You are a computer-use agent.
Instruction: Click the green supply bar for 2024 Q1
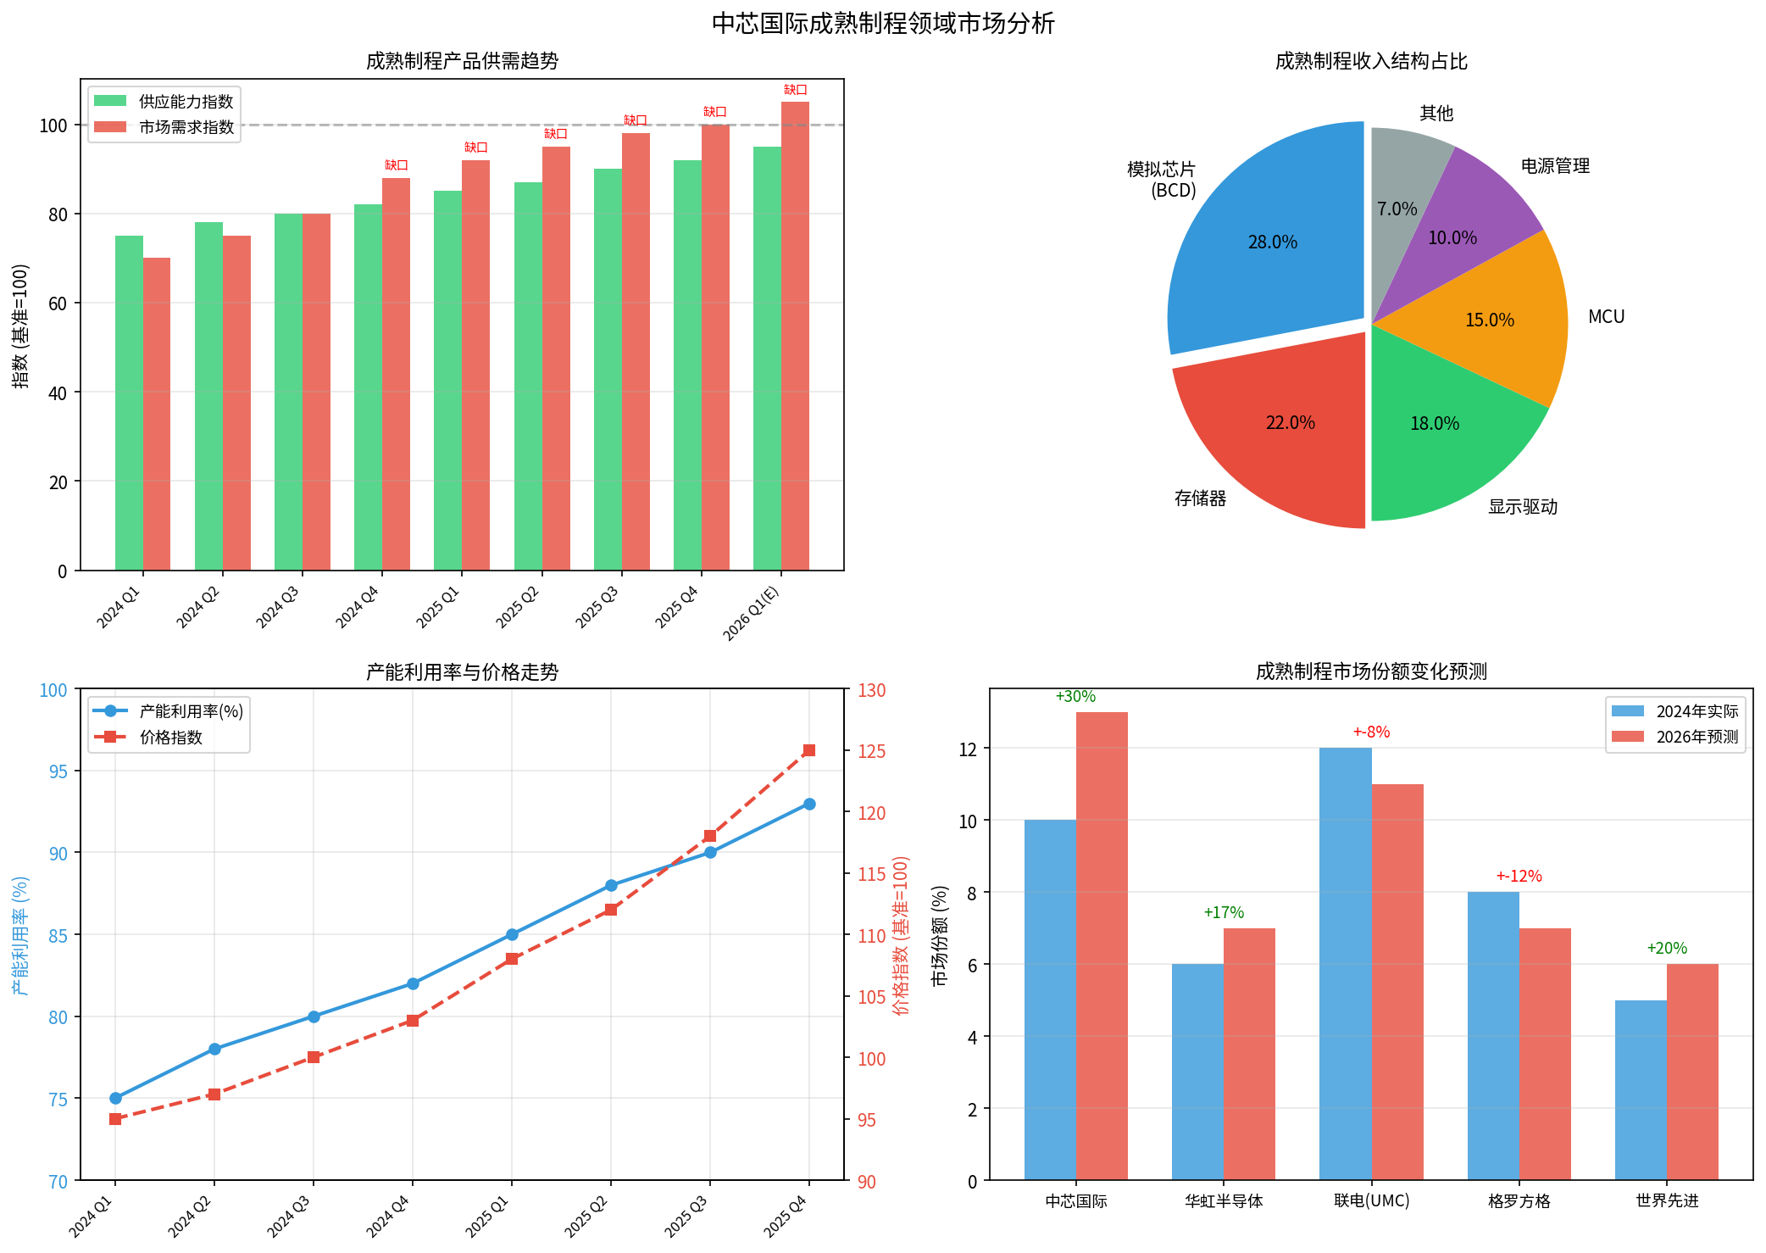(129, 403)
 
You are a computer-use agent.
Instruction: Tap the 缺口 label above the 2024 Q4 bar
(396, 165)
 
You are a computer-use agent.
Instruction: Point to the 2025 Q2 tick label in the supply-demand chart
(518, 606)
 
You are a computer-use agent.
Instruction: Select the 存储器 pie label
(1200, 498)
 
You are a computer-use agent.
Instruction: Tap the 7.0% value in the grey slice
(1397, 209)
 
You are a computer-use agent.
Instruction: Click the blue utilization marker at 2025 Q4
(809, 804)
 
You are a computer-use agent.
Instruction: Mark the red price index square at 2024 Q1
(115, 1119)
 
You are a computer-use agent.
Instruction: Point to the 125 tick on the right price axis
(871, 751)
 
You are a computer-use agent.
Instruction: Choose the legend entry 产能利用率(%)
(191, 711)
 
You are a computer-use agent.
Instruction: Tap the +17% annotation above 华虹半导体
(1224, 913)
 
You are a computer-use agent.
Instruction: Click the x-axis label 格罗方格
(1519, 1201)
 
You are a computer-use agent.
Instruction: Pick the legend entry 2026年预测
(1697, 737)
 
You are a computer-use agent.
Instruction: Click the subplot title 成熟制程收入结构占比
(1371, 61)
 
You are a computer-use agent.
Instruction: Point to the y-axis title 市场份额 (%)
(940, 936)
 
